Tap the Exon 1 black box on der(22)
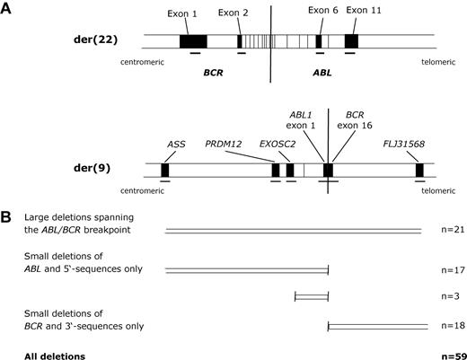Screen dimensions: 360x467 [193, 41]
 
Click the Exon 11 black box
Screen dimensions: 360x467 [351, 41]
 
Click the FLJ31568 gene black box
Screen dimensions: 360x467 [419, 170]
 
